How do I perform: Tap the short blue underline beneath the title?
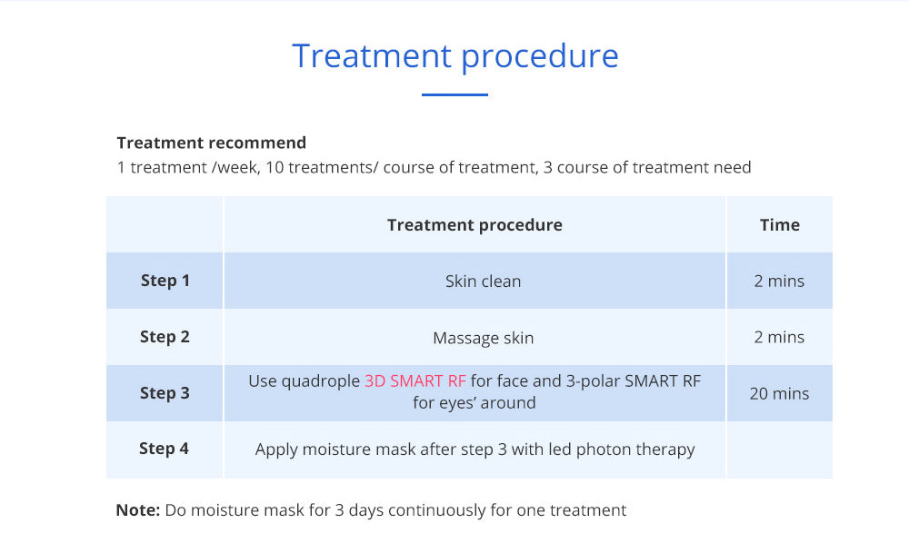click(454, 94)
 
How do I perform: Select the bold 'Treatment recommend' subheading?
click(212, 143)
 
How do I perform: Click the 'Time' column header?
click(780, 224)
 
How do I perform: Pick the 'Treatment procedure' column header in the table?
click(474, 224)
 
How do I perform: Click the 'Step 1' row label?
click(165, 281)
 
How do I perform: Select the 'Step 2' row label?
click(165, 337)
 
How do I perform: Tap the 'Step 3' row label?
click(165, 393)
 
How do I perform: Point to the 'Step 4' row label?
click(164, 449)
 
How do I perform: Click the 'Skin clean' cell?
click(483, 281)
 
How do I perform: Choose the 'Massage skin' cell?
click(483, 338)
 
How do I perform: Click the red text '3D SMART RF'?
click(415, 381)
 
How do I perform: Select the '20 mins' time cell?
click(779, 394)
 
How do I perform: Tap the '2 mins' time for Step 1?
click(779, 281)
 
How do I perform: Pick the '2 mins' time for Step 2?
click(779, 337)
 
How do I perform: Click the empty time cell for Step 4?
click(779, 449)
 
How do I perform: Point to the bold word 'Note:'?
click(138, 510)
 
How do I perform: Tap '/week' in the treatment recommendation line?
click(236, 167)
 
